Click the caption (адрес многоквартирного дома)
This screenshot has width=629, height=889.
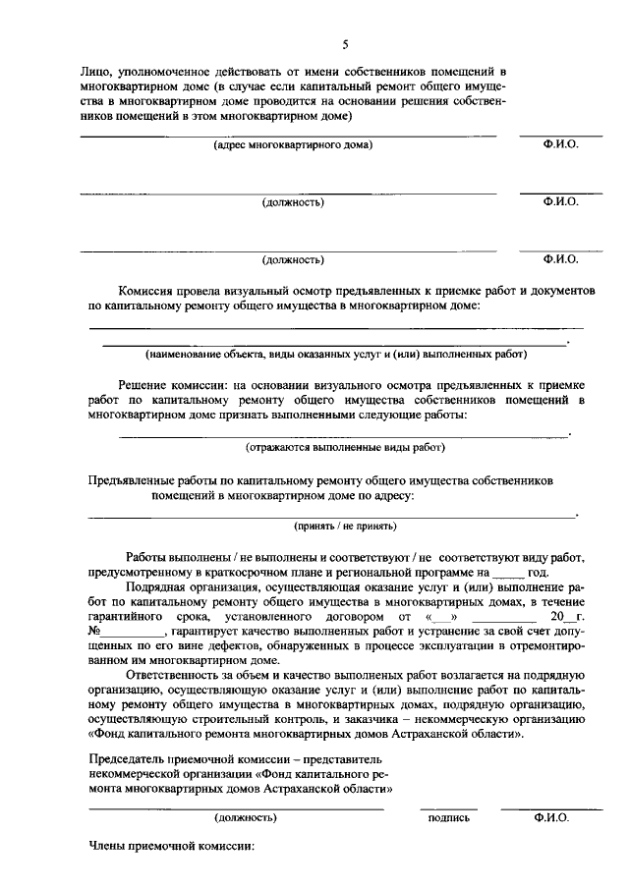293,145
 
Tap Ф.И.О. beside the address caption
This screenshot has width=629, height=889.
560,144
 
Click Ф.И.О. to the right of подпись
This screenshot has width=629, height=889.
547,816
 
